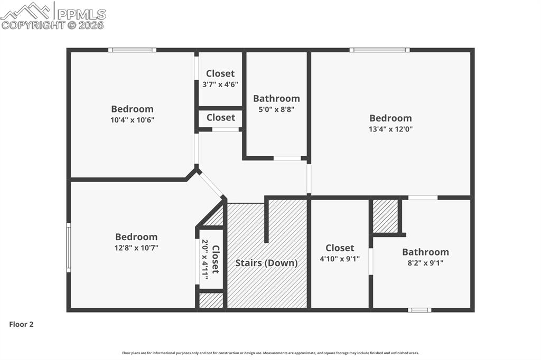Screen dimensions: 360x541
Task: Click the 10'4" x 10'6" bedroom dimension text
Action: pyautogui.click(x=133, y=120)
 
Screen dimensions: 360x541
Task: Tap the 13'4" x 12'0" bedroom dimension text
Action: pyautogui.click(x=390, y=129)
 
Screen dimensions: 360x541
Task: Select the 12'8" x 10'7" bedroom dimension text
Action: pyautogui.click(x=136, y=248)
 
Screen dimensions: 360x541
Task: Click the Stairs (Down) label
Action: pyautogui.click(x=266, y=263)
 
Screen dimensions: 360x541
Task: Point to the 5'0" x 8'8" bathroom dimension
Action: pyautogui.click(x=276, y=109)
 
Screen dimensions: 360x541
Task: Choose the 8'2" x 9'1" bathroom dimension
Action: pyautogui.click(x=425, y=262)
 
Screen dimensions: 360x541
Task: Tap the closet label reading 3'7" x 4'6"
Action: pyautogui.click(x=220, y=84)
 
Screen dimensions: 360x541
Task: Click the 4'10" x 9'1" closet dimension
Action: pyautogui.click(x=340, y=258)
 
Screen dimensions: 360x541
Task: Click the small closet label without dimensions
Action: pyautogui.click(x=221, y=117)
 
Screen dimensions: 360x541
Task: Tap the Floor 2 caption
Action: pyautogui.click(x=21, y=325)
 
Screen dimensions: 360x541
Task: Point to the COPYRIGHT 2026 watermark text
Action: pyautogui.click(x=52, y=25)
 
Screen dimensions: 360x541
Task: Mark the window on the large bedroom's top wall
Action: pyautogui.click(x=379, y=50)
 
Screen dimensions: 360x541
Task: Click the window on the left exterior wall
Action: pyautogui.click(x=68, y=248)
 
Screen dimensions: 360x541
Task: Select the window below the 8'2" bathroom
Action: pyautogui.click(x=419, y=310)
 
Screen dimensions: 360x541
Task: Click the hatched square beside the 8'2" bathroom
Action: pyautogui.click(x=385, y=216)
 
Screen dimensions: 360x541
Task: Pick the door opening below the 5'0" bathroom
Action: pyautogui.click(x=287, y=158)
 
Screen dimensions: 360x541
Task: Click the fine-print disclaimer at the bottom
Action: pyautogui.click(x=270, y=353)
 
